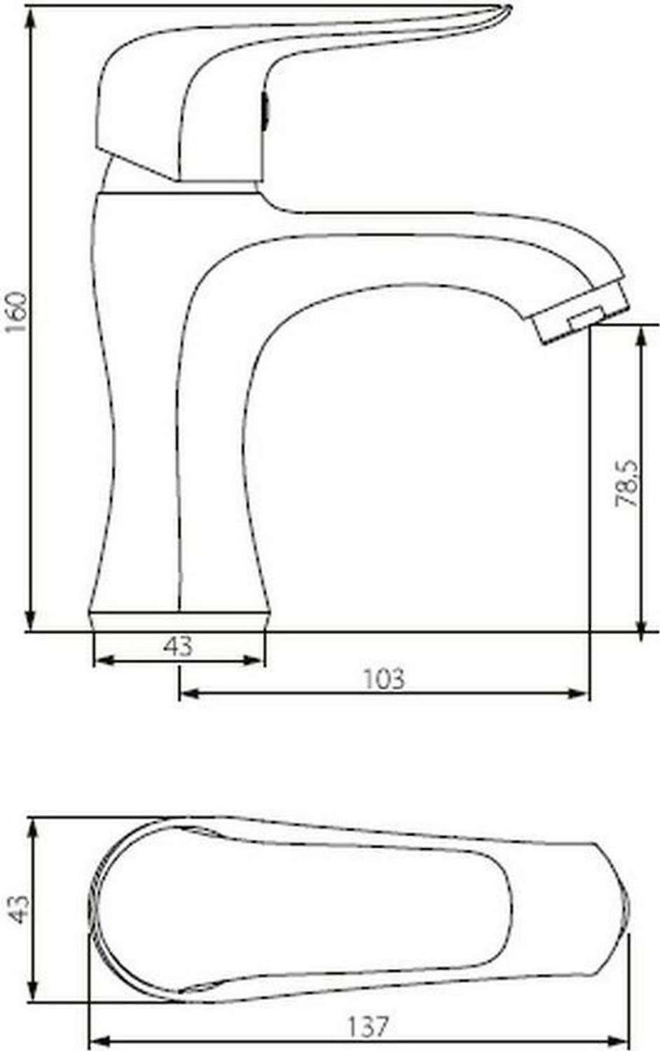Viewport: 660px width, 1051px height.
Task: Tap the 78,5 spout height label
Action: pyautogui.click(x=626, y=483)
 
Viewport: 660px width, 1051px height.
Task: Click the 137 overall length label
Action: pyautogui.click(x=369, y=1024)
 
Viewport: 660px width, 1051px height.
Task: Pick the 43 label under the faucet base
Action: pyautogui.click(x=178, y=646)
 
